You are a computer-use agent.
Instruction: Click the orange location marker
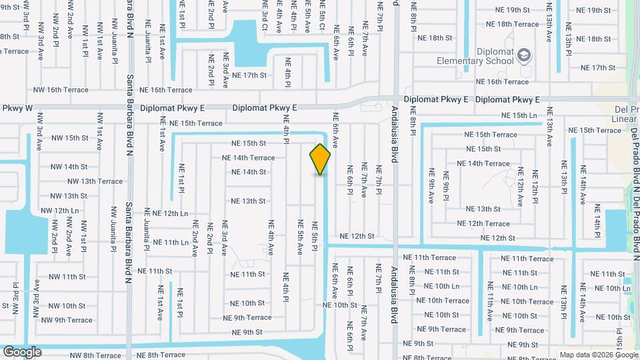tap(321, 159)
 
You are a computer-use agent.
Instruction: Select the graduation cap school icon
tap(524, 55)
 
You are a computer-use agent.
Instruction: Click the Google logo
tap(22, 351)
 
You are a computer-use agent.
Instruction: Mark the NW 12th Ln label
tap(59, 211)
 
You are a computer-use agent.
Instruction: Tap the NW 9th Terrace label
tap(67, 320)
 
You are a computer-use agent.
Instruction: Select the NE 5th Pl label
tap(313, 229)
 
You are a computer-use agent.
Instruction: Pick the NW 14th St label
tap(68, 167)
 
